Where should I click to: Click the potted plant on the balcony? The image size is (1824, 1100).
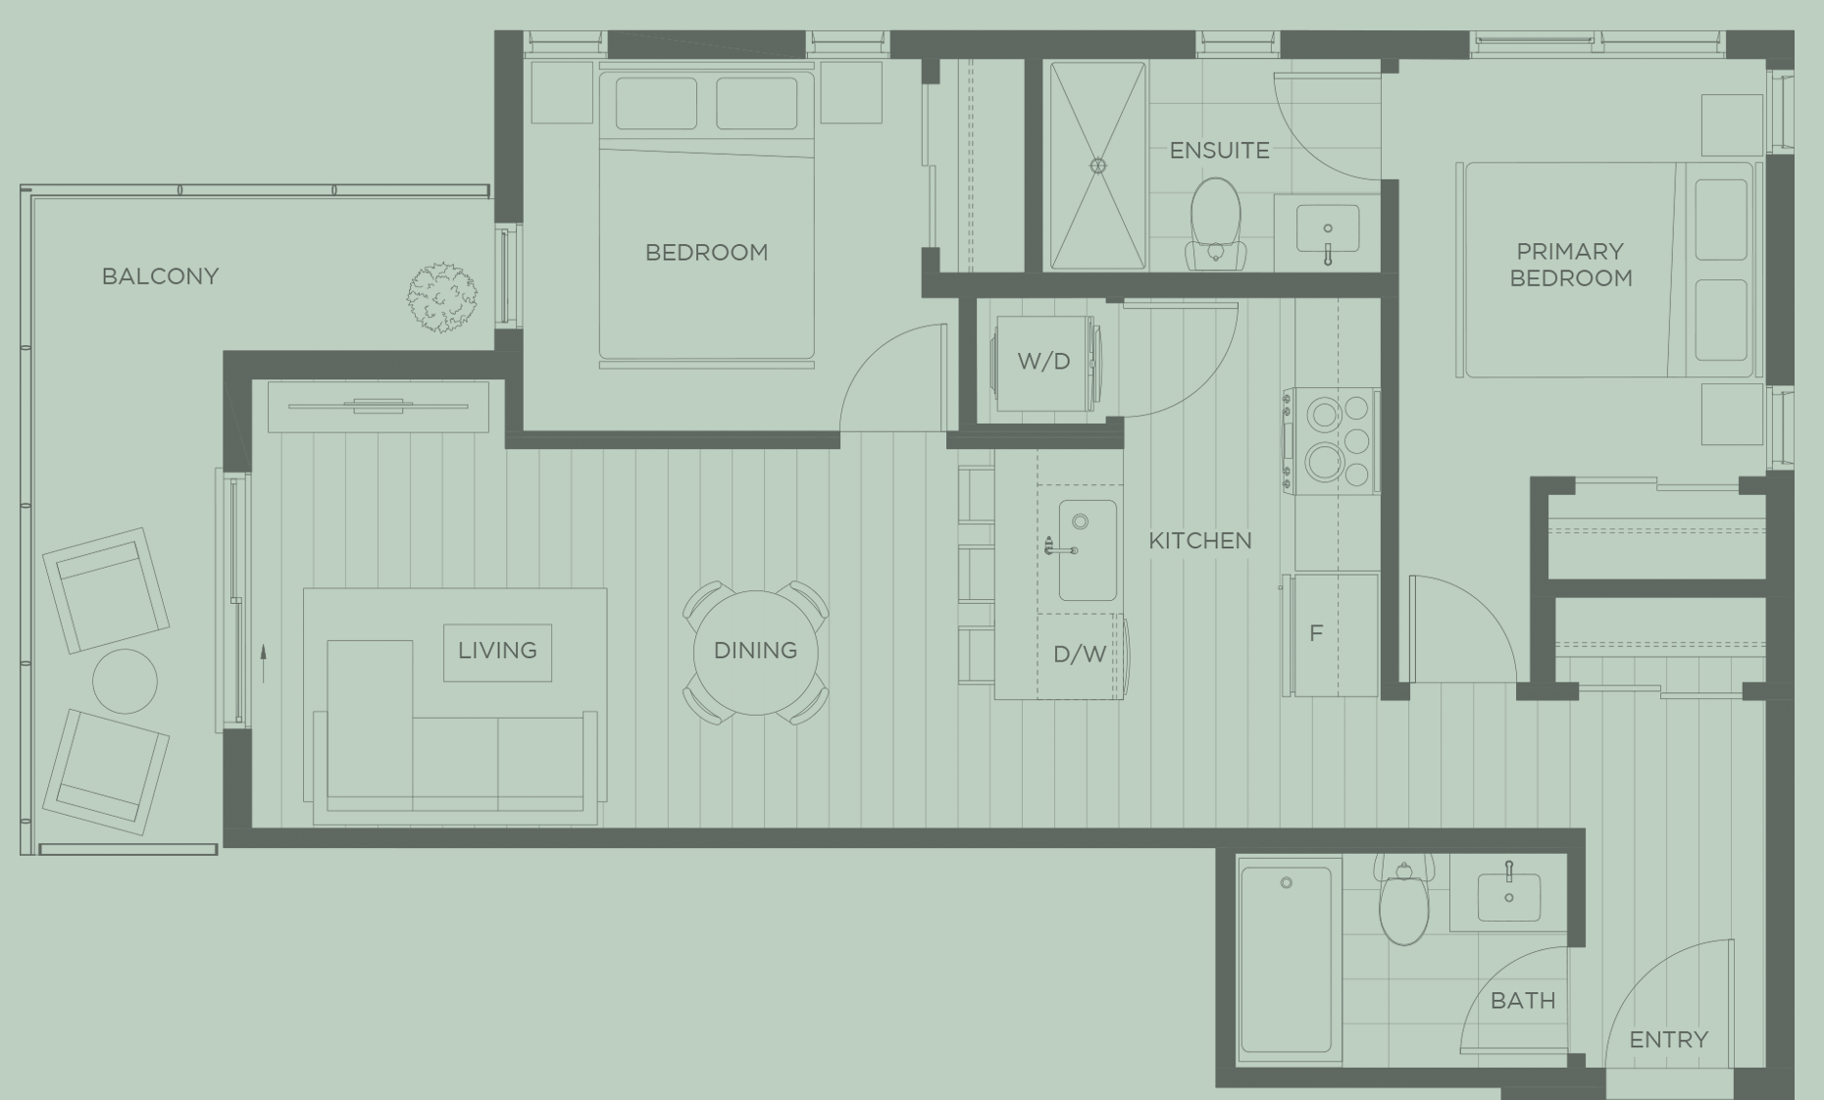click(442, 296)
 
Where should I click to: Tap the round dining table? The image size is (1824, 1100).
click(755, 652)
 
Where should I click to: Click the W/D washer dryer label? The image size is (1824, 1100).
click(1043, 362)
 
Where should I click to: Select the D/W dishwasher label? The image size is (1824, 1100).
click(1080, 655)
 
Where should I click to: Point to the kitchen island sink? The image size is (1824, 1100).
click(1087, 550)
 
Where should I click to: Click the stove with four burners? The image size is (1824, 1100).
click(1333, 441)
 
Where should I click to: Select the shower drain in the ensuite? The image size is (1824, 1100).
click(1098, 166)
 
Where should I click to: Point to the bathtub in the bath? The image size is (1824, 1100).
click(1287, 959)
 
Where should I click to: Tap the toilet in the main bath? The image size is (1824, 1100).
click(1404, 903)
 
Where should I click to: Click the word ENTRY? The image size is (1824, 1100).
click(1668, 1039)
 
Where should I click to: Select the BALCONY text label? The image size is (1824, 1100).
click(160, 276)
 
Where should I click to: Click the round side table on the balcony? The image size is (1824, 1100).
click(125, 680)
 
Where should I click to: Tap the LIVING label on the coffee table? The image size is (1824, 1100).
click(497, 651)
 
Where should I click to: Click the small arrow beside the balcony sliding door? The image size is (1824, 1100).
click(263, 663)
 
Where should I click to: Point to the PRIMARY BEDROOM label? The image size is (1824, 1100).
click(1570, 265)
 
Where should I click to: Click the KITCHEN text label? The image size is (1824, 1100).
click(1199, 541)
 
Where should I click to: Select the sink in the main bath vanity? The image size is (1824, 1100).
click(1508, 896)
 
